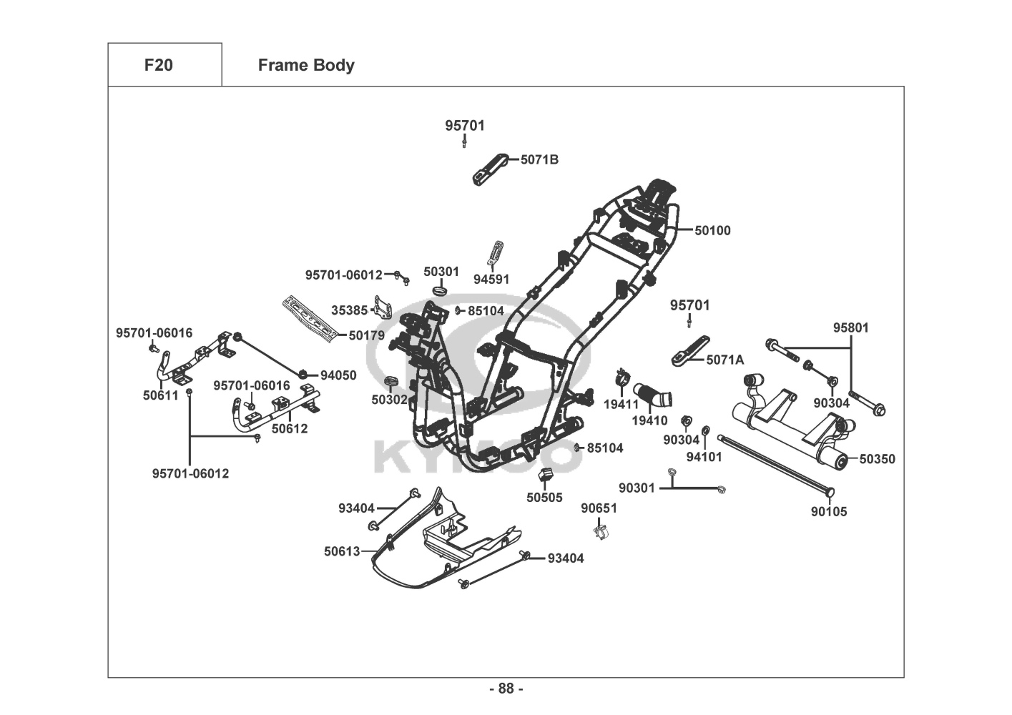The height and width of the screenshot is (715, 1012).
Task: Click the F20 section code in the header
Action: point(158,65)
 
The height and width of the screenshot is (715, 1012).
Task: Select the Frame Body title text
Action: point(305,65)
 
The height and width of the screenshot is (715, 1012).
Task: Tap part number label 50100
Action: point(712,230)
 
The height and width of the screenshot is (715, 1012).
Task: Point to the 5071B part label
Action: point(539,159)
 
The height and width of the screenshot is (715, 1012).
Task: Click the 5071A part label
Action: point(724,360)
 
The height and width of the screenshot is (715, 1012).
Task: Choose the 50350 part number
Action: point(877,459)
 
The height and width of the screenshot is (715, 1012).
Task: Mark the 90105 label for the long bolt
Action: point(828,511)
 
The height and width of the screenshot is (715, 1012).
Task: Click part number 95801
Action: point(850,327)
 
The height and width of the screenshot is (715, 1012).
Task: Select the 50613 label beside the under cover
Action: point(342,551)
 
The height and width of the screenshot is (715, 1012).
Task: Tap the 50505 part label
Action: point(544,498)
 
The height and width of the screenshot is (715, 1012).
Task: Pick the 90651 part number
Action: point(599,508)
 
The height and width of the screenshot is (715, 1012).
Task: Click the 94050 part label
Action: point(338,375)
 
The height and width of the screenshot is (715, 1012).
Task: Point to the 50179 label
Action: point(366,335)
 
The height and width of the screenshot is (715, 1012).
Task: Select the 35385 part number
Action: point(349,310)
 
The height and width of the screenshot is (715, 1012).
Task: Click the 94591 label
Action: point(491,280)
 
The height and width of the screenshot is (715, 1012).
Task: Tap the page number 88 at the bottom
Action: point(506,689)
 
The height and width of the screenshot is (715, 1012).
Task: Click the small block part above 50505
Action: point(546,475)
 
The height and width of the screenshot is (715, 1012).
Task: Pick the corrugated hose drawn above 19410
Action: point(652,394)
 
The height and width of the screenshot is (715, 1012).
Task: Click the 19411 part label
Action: point(621,404)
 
